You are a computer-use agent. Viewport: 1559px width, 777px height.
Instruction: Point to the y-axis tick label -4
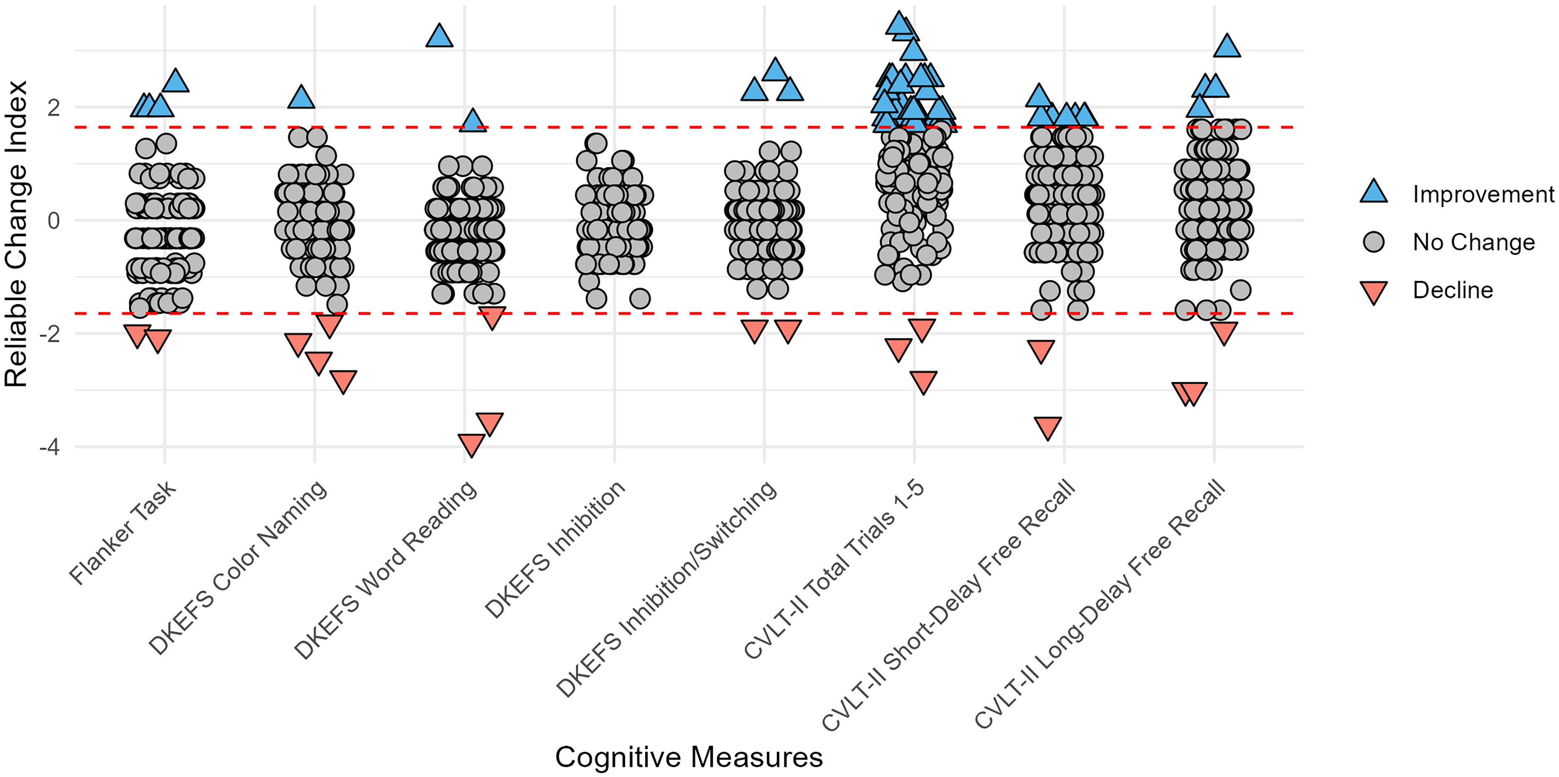49,448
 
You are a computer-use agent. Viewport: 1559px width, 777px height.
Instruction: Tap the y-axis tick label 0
54,221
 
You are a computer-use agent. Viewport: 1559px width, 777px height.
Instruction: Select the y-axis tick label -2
49,334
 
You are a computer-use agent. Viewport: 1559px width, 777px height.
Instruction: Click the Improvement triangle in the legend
1374,191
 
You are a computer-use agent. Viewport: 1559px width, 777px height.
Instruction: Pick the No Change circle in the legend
1374,242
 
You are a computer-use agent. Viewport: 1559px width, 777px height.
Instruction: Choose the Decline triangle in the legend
1374,292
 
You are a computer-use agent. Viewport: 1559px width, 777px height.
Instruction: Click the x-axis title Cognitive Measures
689,757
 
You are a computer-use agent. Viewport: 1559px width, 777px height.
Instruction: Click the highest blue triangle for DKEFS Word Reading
439,36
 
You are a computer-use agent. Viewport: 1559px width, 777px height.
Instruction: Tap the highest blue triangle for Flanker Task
175,81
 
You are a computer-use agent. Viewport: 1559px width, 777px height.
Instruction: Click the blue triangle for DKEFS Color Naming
301,97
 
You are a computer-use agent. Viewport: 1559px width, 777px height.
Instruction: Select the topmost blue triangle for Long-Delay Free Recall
1227,45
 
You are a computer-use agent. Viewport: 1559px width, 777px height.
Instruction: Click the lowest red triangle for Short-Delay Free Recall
1048,428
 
